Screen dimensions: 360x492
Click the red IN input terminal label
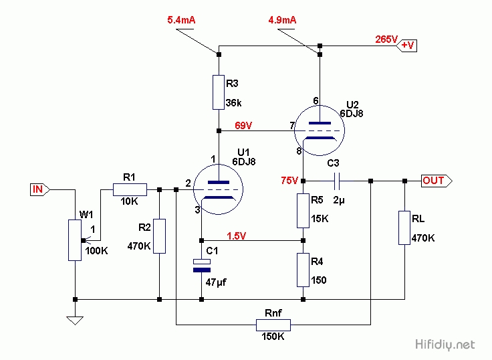pos(38,189)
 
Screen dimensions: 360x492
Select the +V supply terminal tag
pos(407,46)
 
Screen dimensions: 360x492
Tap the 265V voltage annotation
pos(386,39)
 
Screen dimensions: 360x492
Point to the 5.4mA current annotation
pos(181,21)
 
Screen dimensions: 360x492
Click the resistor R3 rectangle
pos(219,92)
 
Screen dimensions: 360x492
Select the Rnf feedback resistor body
pos(273,325)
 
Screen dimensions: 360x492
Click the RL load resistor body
pos(404,228)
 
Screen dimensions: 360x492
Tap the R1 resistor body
pos(130,189)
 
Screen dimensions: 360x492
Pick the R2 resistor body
pos(159,236)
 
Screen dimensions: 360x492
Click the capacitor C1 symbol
pos(201,264)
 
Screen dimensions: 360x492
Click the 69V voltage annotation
pos(244,125)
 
